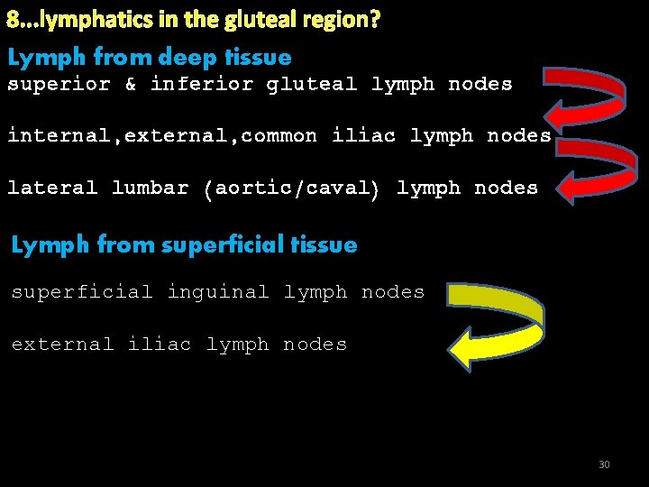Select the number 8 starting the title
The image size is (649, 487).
[x=14, y=20]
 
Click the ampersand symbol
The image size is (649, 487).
[x=131, y=85]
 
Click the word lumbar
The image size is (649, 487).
[x=150, y=188]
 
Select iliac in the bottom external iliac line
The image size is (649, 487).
[x=160, y=345]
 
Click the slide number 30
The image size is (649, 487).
[x=604, y=464]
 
